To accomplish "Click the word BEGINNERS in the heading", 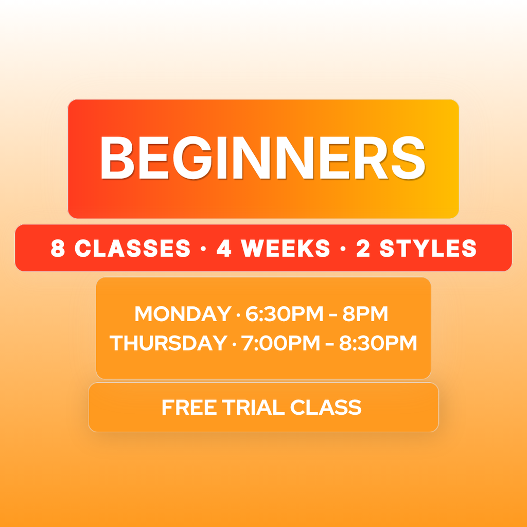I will pyautogui.click(x=262, y=157).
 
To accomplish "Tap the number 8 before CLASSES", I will pyautogui.click(x=58, y=249).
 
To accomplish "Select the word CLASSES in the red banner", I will pyautogui.click(x=132, y=249).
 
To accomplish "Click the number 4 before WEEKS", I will pyautogui.click(x=224, y=249).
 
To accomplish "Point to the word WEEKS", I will pyautogui.click(x=286, y=249).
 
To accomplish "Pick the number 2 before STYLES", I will pyautogui.click(x=363, y=249).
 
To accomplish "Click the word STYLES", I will pyautogui.click(x=428, y=249).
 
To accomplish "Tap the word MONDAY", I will pyautogui.click(x=183, y=314).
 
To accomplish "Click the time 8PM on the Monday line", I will pyautogui.click(x=365, y=314).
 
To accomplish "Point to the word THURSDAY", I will pyautogui.click(x=168, y=343).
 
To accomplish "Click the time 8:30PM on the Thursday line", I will pyautogui.click(x=378, y=343).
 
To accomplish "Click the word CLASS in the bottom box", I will pyautogui.click(x=325, y=408).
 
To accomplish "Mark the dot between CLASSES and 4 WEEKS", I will pyautogui.click(x=203, y=249).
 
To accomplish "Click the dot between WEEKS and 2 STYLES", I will pyautogui.click(x=343, y=249).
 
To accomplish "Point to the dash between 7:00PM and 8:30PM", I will pyautogui.click(x=329, y=344).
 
